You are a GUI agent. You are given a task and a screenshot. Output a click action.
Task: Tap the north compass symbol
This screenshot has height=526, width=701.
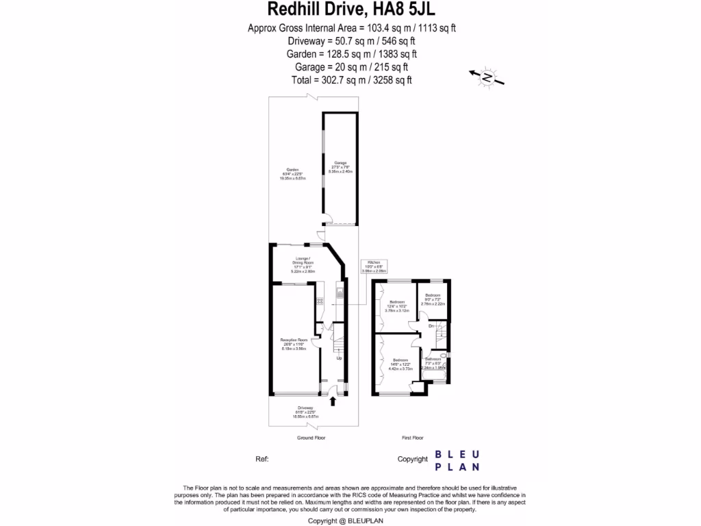pos(487,77)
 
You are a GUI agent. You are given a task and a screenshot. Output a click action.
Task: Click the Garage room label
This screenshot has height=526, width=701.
pos(340,167)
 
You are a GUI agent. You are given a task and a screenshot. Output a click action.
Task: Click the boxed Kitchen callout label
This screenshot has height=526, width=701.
pos(374,267)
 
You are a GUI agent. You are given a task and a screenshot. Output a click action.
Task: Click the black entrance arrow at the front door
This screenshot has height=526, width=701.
pos(333,399)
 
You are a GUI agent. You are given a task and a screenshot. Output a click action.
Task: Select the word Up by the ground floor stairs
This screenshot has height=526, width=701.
pos(338,358)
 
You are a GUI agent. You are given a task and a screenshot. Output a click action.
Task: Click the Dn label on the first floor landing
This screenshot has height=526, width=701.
pos(431,326)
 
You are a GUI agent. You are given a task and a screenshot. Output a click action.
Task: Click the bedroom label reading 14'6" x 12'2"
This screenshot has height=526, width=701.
pos(400,364)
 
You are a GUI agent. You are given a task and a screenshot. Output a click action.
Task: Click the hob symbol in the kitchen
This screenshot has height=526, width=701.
pos(319,301)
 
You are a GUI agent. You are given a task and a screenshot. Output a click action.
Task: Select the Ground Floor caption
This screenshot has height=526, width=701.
pos(311,437)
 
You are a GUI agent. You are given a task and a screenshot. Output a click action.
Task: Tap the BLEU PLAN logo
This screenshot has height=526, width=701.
pos(458,460)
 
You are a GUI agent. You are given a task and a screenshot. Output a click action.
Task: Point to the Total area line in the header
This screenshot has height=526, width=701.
pos(352,80)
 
